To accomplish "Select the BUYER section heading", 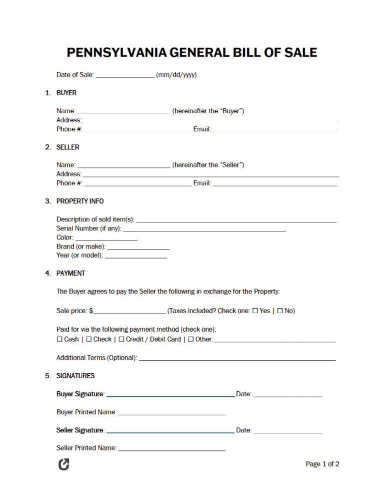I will (x=66, y=93).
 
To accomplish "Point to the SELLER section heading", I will (x=67, y=147).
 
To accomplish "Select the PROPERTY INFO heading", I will (x=80, y=201).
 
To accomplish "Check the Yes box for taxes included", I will (x=255, y=311).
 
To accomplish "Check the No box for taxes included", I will (x=280, y=311).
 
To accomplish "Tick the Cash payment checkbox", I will (x=59, y=339).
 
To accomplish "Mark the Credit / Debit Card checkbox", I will (x=121, y=339).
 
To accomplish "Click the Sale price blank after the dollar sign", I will (x=129, y=312).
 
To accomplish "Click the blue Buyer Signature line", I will (x=170, y=395).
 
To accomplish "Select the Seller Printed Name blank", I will (x=171, y=449).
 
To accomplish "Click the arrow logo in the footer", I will (x=63, y=464).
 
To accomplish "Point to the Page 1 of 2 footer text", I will (x=322, y=464).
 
